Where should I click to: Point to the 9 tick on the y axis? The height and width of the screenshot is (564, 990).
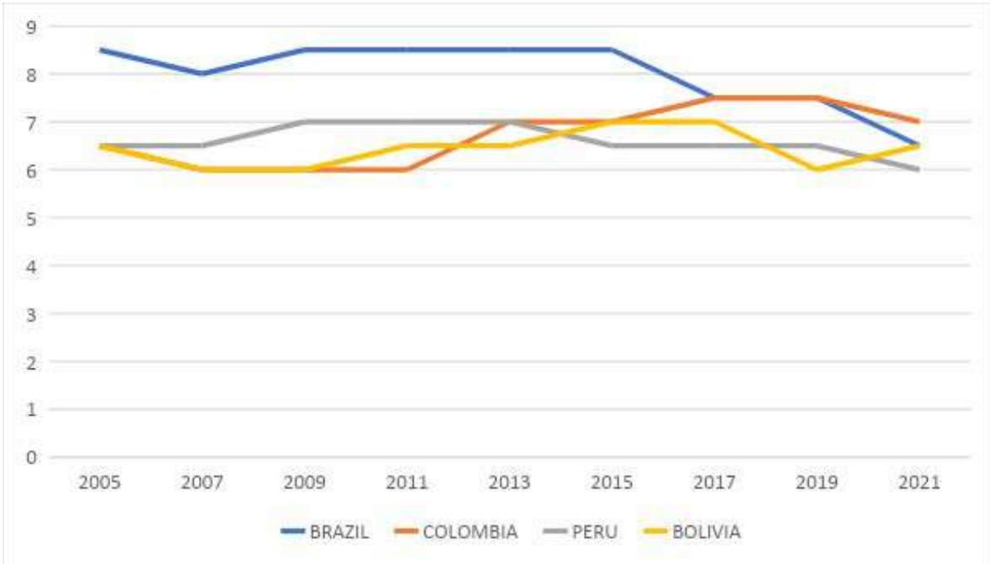click(x=32, y=26)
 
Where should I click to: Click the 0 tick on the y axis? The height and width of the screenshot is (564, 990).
click(x=32, y=458)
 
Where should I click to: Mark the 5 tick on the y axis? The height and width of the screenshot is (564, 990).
click(x=32, y=218)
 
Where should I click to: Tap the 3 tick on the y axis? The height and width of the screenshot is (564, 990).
click(x=32, y=314)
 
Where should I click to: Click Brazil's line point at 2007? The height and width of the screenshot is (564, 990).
click(x=202, y=74)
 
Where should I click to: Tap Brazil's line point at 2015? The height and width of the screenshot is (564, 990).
click(x=612, y=50)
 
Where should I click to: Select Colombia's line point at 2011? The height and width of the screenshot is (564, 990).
click(x=407, y=169)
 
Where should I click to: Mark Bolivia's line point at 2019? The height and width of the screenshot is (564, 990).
click(x=816, y=169)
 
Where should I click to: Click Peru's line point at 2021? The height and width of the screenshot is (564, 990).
click(x=919, y=169)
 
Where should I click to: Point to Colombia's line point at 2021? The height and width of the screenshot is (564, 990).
click(x=919, y=121)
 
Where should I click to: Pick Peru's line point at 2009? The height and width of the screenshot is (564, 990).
click(x=305, y=121)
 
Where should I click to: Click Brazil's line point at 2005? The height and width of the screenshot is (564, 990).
click(x=100, y=50)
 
